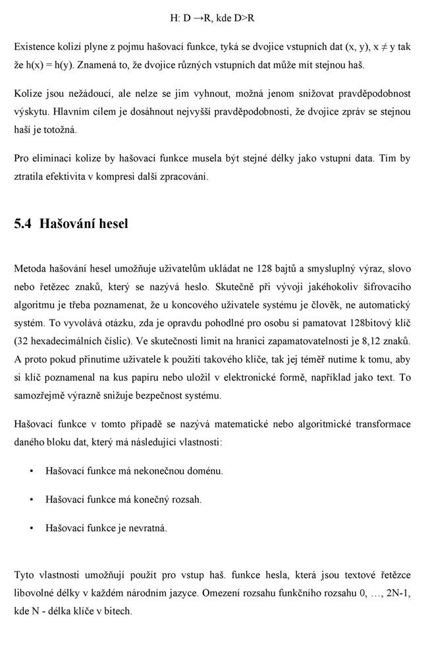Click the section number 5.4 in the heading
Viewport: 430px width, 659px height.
(x=24, y=223)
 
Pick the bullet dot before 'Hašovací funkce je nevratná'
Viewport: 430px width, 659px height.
(x=32, y=528)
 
